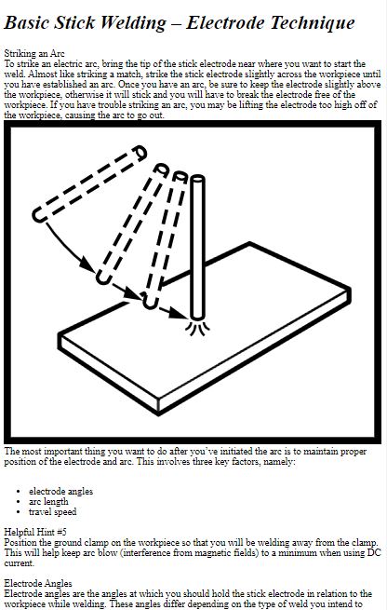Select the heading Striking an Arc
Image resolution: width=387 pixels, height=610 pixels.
pos(34,53)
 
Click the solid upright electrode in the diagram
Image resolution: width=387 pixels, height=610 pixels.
pos(198,248)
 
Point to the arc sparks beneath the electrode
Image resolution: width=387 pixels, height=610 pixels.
pos(198,328)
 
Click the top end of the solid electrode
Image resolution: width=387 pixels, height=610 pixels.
pos(198,179)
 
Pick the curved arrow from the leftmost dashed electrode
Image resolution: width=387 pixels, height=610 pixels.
pos(69,248)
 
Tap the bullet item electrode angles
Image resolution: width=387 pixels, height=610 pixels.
pos(60,492)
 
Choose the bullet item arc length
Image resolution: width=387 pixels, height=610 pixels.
pos(48,501)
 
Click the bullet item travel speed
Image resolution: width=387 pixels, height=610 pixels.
pos(52,511)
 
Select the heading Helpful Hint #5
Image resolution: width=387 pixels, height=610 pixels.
pos(35,532)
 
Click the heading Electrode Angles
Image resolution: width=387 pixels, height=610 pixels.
pos(38,583)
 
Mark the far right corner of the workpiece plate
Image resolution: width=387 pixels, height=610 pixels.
pos(350,289)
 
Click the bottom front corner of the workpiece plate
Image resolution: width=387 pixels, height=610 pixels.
pos(158,413)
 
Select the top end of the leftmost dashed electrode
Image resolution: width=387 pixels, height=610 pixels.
pos(140,153)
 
